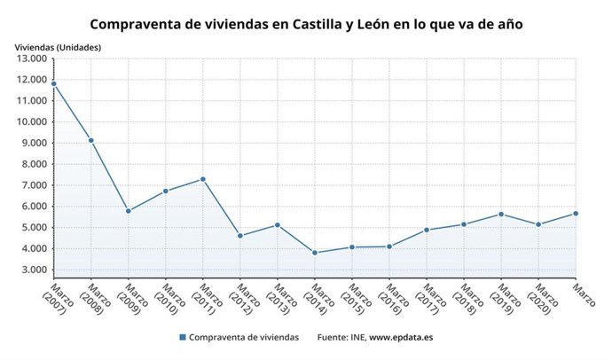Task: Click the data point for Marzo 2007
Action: [x=54, y=84]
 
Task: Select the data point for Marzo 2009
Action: [x=129, y=211]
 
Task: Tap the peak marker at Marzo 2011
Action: [x=203, y=179]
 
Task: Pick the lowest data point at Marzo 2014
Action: [x=315, y=253]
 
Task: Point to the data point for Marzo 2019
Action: [x=501, y=214]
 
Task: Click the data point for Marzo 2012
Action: [x=240, y=236]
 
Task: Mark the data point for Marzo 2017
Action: [x=427, y=230]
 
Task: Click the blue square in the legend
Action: [x=183, y=338]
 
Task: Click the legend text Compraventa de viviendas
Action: [x=244, y=338]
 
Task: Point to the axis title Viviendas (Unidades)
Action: [x=58, y=46]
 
